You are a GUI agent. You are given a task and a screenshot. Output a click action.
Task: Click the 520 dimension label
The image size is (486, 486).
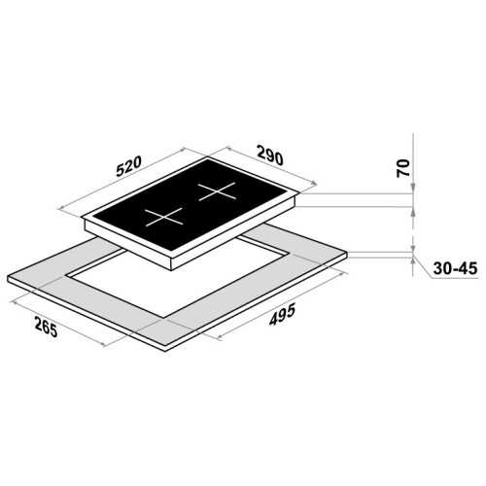coord(129,166)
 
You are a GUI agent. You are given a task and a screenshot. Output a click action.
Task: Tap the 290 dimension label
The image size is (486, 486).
coord(269,156)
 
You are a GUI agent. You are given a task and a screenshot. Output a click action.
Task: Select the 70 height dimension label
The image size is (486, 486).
coord(403,168)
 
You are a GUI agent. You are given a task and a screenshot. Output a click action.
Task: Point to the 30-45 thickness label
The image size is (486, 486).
coord(455,269)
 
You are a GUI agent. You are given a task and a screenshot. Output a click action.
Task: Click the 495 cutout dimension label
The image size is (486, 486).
coord(282,314)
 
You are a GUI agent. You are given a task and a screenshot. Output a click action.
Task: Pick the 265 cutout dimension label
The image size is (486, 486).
coord(46,327)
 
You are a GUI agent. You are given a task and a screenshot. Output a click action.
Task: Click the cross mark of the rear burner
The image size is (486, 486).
coord(217,191)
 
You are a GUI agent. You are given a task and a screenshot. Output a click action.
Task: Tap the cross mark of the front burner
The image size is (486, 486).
coord(163,217)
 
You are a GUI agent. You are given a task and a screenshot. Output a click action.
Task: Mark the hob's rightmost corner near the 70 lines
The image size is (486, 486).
coord(299,193)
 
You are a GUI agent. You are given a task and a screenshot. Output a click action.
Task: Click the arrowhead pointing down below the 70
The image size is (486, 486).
coord(413,189)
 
